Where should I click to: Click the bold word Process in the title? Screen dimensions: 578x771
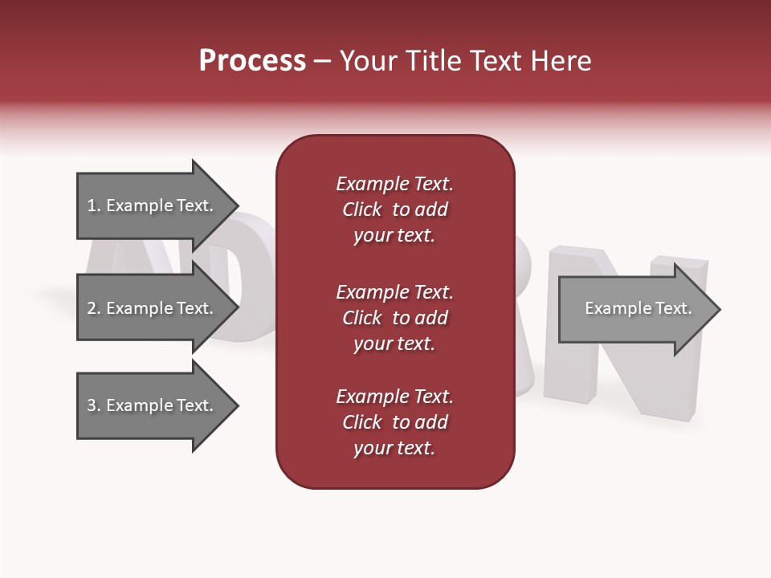(x=252, y=61)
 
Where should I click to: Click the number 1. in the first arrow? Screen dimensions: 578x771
(x=93, y=206)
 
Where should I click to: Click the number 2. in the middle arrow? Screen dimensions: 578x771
(x=93, y=308)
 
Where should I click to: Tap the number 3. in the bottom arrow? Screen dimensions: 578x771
(x=93, y=405)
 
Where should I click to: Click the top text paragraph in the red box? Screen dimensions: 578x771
(x=394, y=210)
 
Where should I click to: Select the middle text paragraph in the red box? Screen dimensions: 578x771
(x=394, y=318)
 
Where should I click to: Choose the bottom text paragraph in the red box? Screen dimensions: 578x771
(x=394, y=422)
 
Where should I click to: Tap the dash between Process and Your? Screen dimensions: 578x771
(x=322, y=61)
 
